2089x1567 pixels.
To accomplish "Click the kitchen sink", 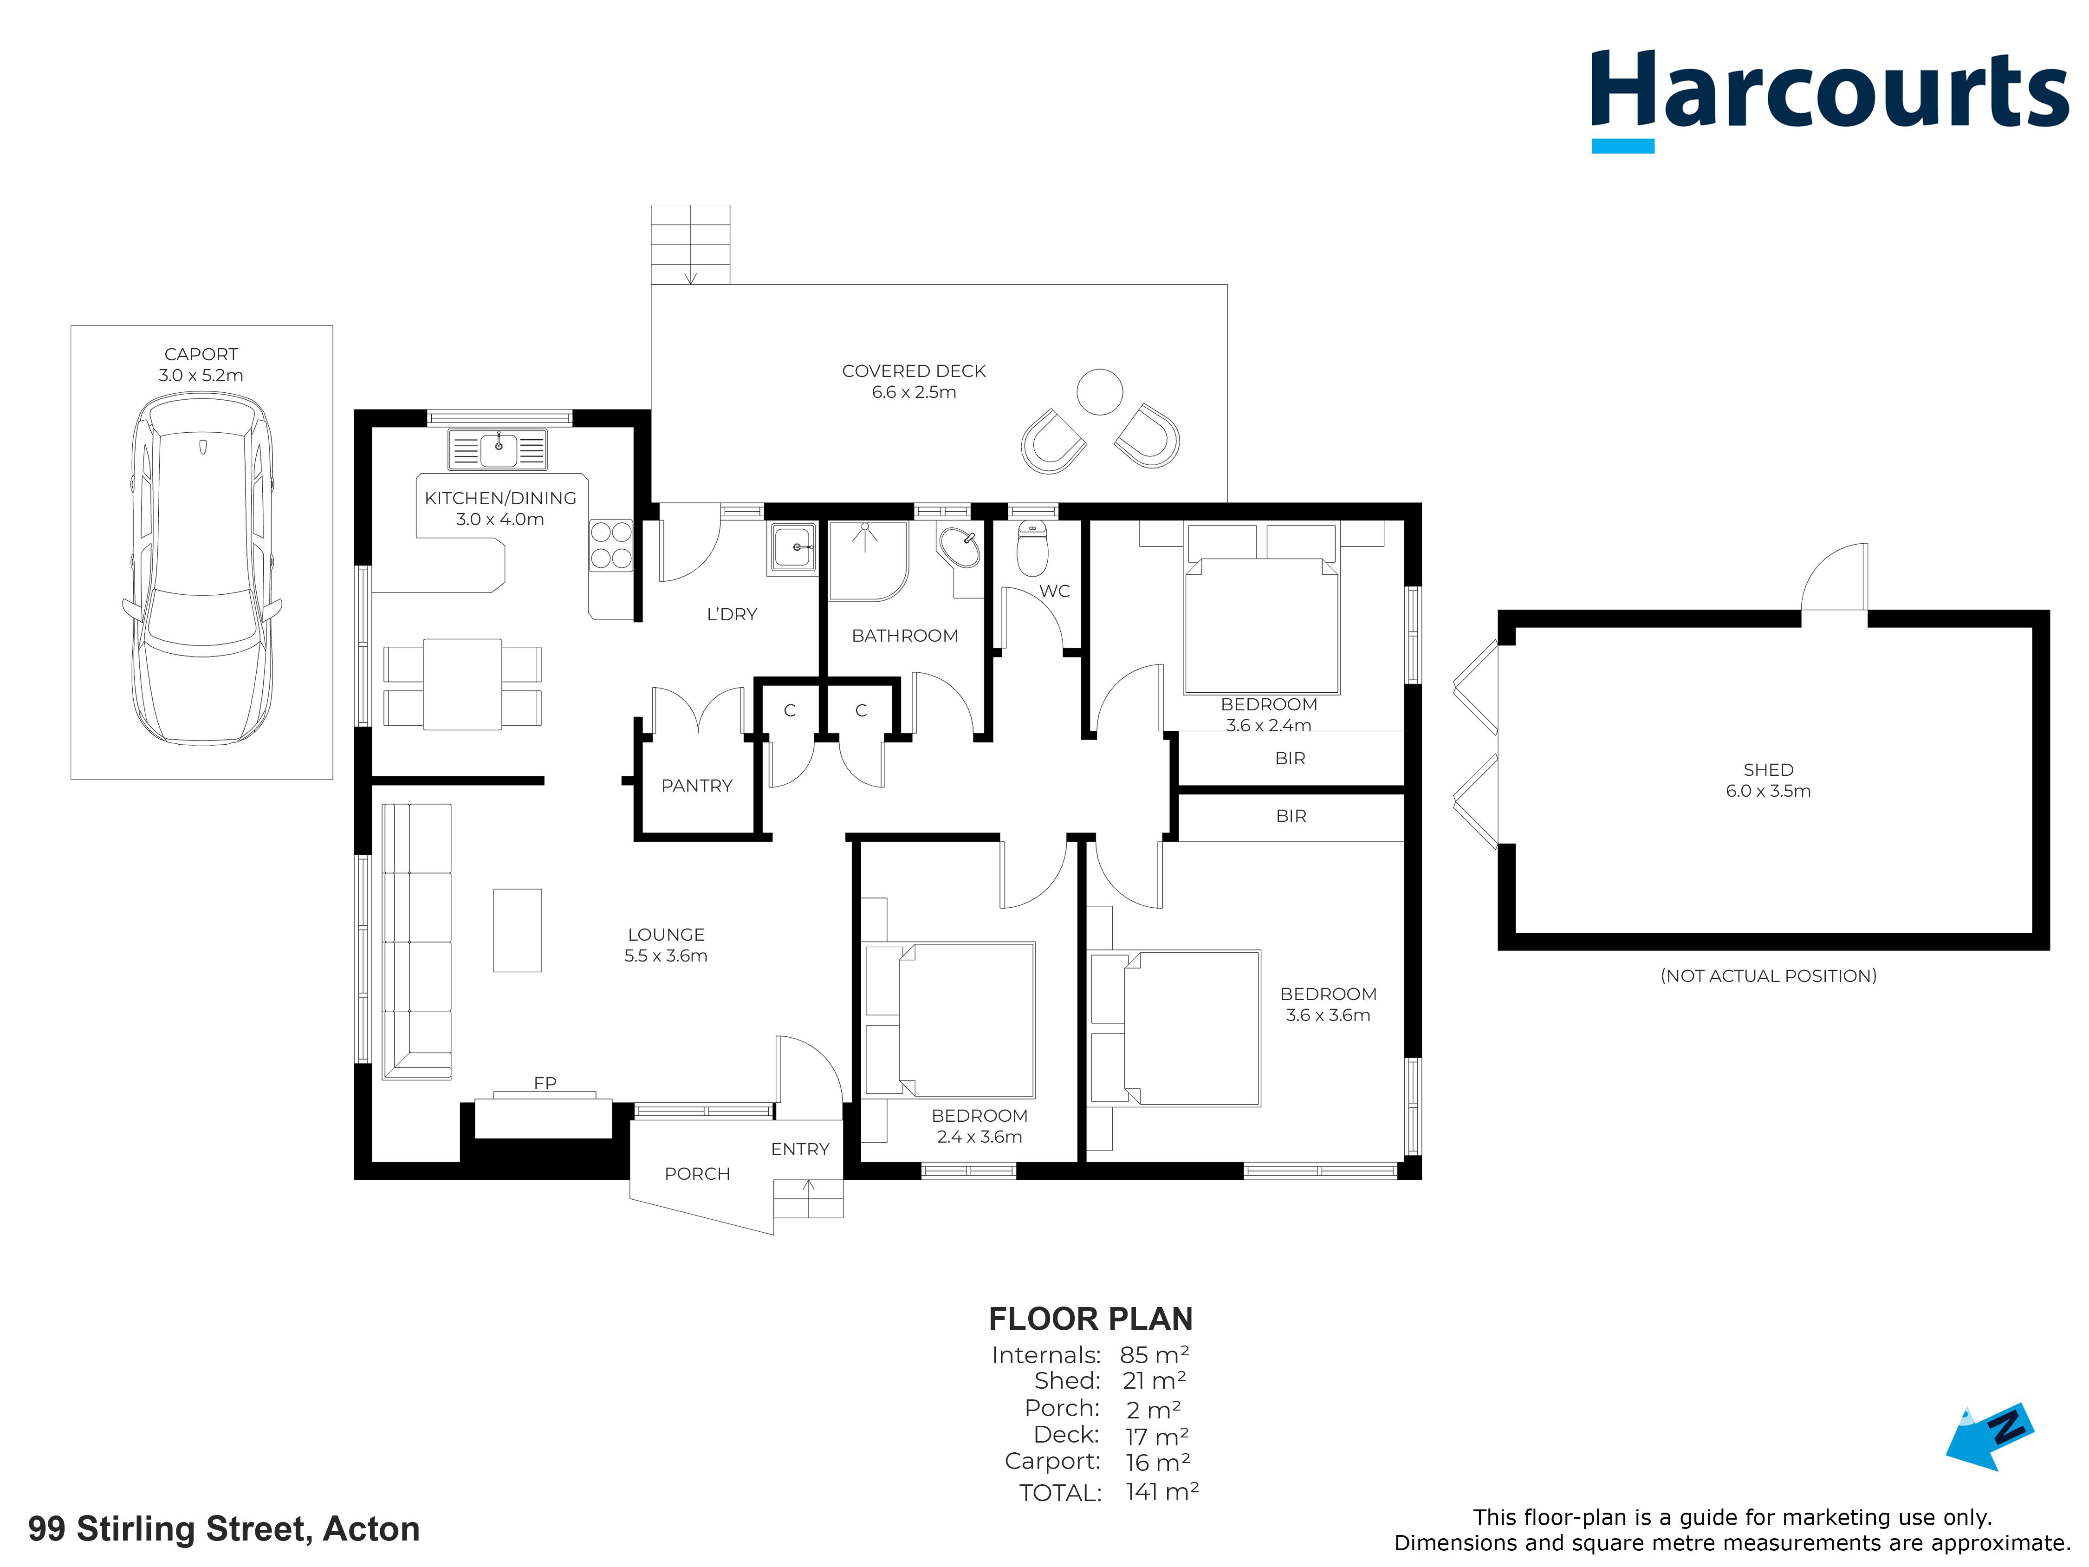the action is [x=498, y=449].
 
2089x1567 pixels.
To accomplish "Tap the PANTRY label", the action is [x=697, y=786].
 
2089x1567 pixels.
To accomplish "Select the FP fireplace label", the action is [x=545, y=1083].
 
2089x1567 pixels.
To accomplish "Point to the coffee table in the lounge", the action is [x=518, y=930].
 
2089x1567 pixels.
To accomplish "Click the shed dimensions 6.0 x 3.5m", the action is [x=1768, y=792].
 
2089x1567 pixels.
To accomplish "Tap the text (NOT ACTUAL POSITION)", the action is [x=1768, y=975].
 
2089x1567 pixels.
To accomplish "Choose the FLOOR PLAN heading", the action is [x=1091, y=1319].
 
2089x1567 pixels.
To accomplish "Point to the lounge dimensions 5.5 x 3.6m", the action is [x=666, y=956].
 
